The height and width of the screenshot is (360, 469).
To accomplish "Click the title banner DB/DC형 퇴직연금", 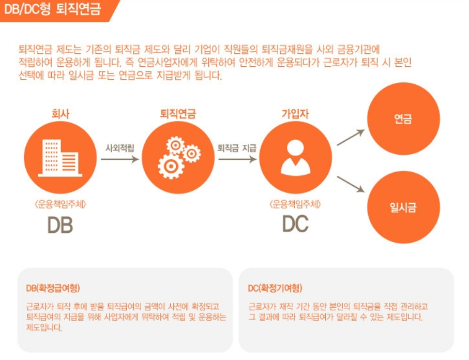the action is point(54,10).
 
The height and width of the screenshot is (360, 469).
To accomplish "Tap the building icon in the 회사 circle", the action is point(60,157).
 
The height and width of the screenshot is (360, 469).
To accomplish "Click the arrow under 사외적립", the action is point(120,159).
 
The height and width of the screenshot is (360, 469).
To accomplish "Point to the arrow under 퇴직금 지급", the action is point(237,159).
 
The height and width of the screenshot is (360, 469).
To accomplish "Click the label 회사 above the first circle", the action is point(60,114).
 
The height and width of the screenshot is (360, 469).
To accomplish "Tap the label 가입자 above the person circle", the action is point(295,114).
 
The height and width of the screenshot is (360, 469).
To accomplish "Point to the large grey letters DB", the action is point(60,224).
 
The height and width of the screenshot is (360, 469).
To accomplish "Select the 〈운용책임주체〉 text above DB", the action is point(60,204).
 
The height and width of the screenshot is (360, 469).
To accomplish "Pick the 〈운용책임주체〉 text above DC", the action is point(295,204).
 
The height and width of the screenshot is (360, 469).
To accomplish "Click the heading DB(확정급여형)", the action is point(53,288).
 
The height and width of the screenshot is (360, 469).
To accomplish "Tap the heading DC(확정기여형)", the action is point(275,288).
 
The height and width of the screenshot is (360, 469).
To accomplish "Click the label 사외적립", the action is point(120,148).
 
